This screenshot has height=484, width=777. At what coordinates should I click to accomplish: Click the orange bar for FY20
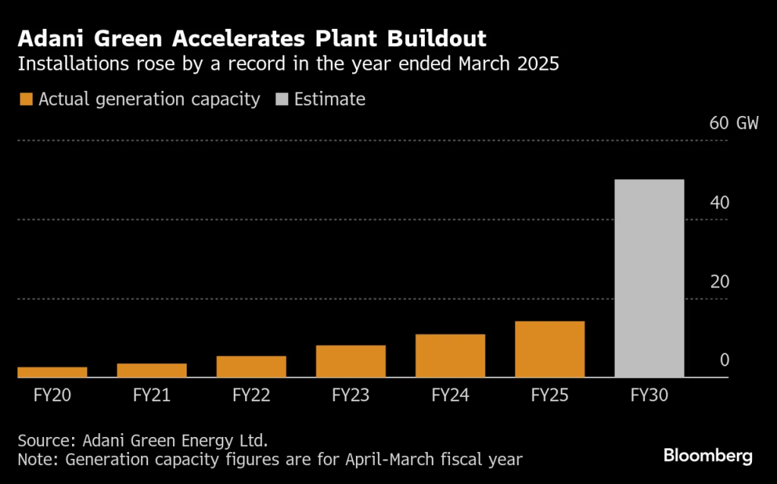(x=52, y=372)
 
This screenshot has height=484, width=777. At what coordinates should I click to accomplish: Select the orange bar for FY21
(x=151, y=370)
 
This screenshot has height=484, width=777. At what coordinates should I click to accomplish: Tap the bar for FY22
(x=251, y=366)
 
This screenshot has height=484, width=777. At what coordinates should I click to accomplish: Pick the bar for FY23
(x=351, y=361)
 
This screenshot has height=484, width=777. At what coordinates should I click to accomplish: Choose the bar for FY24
(x=450, y=356)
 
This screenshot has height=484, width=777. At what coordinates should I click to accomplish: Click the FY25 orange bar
(x=549, y=349)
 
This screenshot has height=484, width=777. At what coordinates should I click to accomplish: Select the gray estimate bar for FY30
(x=649, y=278)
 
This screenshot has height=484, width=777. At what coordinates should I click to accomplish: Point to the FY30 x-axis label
(x=649, y=395)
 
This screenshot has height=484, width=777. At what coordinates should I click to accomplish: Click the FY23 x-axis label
(x=351, y=395)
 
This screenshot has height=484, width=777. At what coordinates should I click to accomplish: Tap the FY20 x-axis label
(x=52, y=395)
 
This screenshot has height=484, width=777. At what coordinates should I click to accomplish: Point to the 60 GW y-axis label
(x=733, y=124)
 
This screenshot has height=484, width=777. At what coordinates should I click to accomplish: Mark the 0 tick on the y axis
(x=724, y=360)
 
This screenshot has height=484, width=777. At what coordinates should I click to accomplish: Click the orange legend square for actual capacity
(x=26, y=99)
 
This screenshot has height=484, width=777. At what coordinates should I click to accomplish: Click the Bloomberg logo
(x=707, y=456)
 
